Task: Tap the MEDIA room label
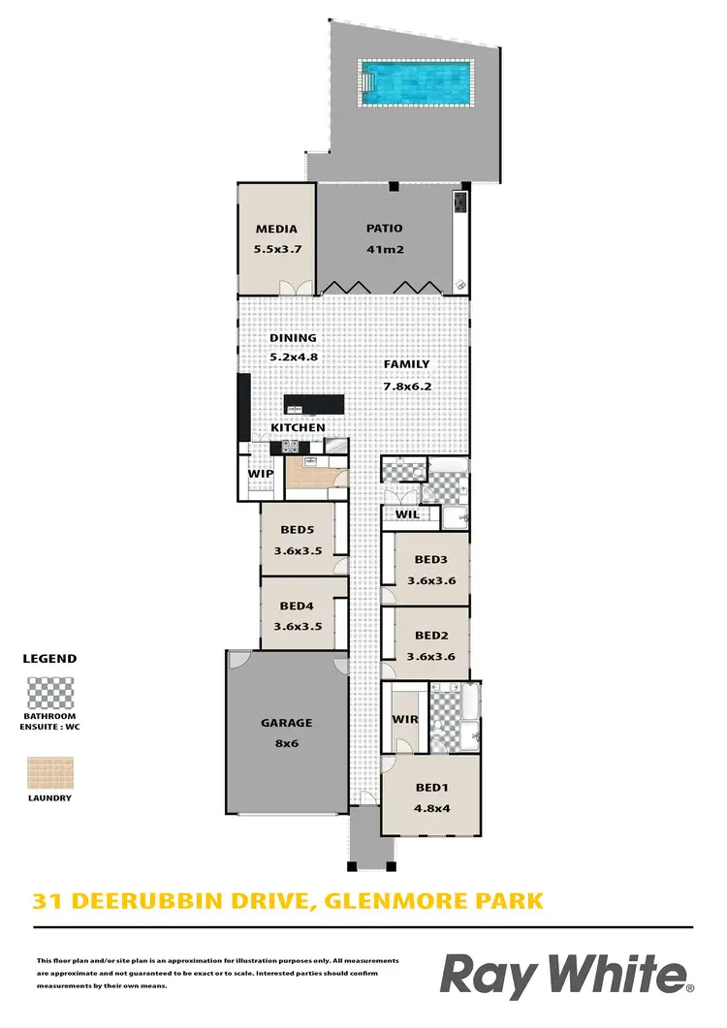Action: coord(275,230)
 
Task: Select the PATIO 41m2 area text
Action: coord(384,249)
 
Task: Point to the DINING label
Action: coord(293,338)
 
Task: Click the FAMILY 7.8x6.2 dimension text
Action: coord(406,384)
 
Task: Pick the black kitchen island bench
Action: coord(314,404)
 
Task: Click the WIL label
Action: coord(407,514)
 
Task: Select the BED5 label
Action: coord(296,530)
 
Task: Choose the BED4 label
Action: coord(296,607)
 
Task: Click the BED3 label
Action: coord(429,559)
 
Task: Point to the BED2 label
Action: coord(429,636)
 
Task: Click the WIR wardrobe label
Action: coord(403,720)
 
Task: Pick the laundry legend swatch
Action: coord(49,772)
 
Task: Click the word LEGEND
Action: coord(49,658)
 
